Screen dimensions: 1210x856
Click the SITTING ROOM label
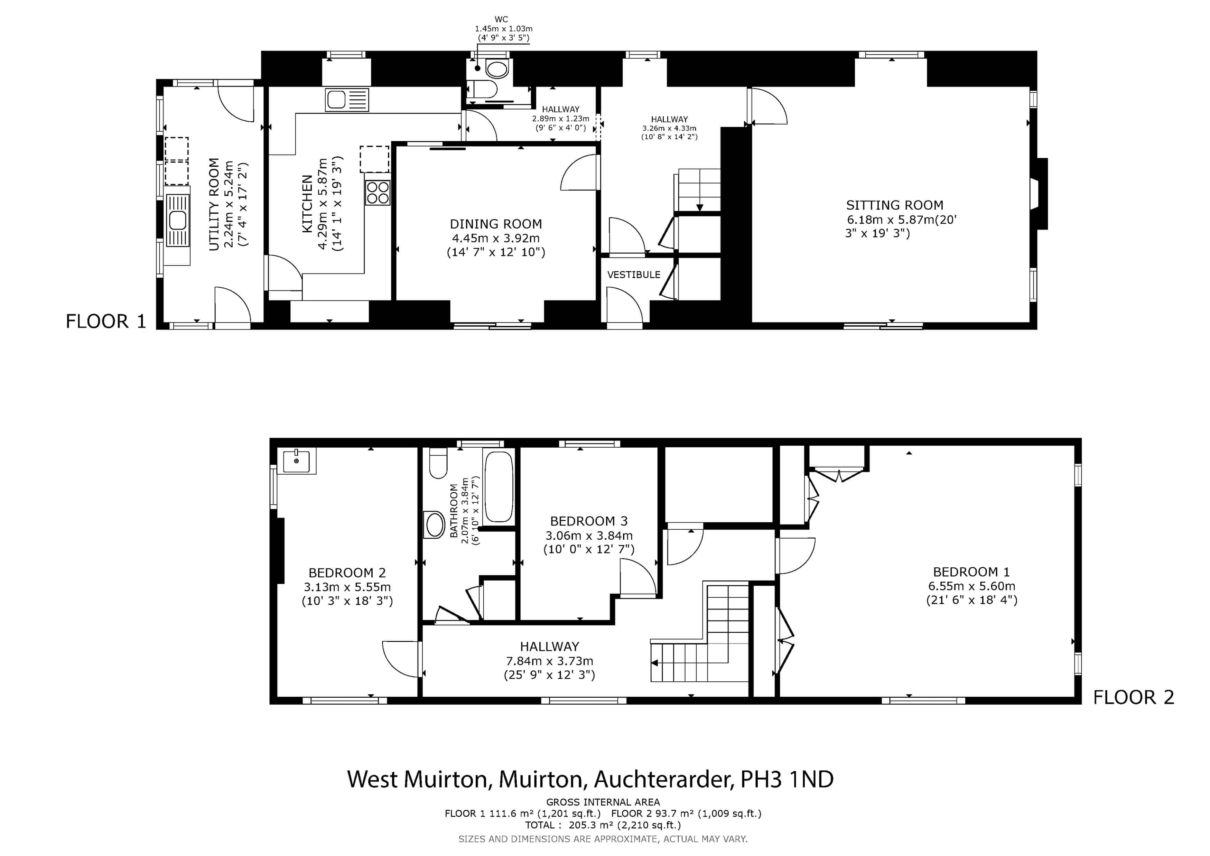(894, 205)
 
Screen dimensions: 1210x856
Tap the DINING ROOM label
(495, 224)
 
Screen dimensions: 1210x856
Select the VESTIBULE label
(633, 275)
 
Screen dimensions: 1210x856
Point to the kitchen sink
(347, 100)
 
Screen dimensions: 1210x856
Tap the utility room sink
(178, 220)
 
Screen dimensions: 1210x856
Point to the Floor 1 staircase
(699, 190)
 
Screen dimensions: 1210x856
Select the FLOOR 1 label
(105, 321)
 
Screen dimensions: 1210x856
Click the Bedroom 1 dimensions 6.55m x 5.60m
(971, 586)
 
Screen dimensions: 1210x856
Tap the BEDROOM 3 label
(589, 521)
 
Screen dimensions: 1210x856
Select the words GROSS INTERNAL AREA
(603, 802)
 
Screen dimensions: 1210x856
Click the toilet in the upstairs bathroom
(438, 463)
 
